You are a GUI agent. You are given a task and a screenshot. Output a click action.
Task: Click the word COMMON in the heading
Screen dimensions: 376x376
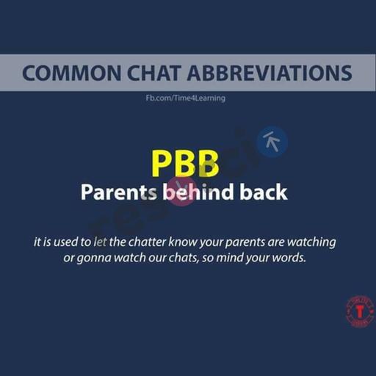(x=71, y=73)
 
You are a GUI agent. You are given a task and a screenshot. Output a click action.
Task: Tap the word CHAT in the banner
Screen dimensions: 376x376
(x=153, y=73)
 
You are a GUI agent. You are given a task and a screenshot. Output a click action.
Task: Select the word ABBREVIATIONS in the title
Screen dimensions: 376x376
(x=270, y=73)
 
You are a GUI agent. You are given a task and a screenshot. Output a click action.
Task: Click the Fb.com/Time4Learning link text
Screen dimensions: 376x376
(x=186, y=98)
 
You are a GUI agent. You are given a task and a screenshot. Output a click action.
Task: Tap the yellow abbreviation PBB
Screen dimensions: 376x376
(x=185, y=164)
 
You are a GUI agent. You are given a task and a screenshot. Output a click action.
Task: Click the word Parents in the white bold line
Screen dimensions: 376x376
(x=119, y=192)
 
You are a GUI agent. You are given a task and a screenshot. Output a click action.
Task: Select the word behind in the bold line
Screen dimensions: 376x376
(x=198, y=192)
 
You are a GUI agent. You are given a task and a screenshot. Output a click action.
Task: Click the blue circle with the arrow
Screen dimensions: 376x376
(x=272, y=142)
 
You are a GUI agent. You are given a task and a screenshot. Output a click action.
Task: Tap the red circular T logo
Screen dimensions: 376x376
(x=360, y=311)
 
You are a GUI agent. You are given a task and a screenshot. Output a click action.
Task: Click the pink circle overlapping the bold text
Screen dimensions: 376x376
(x=181, y=192)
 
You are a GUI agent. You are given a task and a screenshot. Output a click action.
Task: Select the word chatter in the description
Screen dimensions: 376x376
(x=147, y=242)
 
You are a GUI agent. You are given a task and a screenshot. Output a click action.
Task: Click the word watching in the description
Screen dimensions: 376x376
(x=311, y=243)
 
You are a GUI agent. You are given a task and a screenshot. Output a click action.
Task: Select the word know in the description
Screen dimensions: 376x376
(x=183, y=242)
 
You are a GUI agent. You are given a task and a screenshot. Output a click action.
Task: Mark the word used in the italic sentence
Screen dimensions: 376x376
(x=65, y=242)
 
